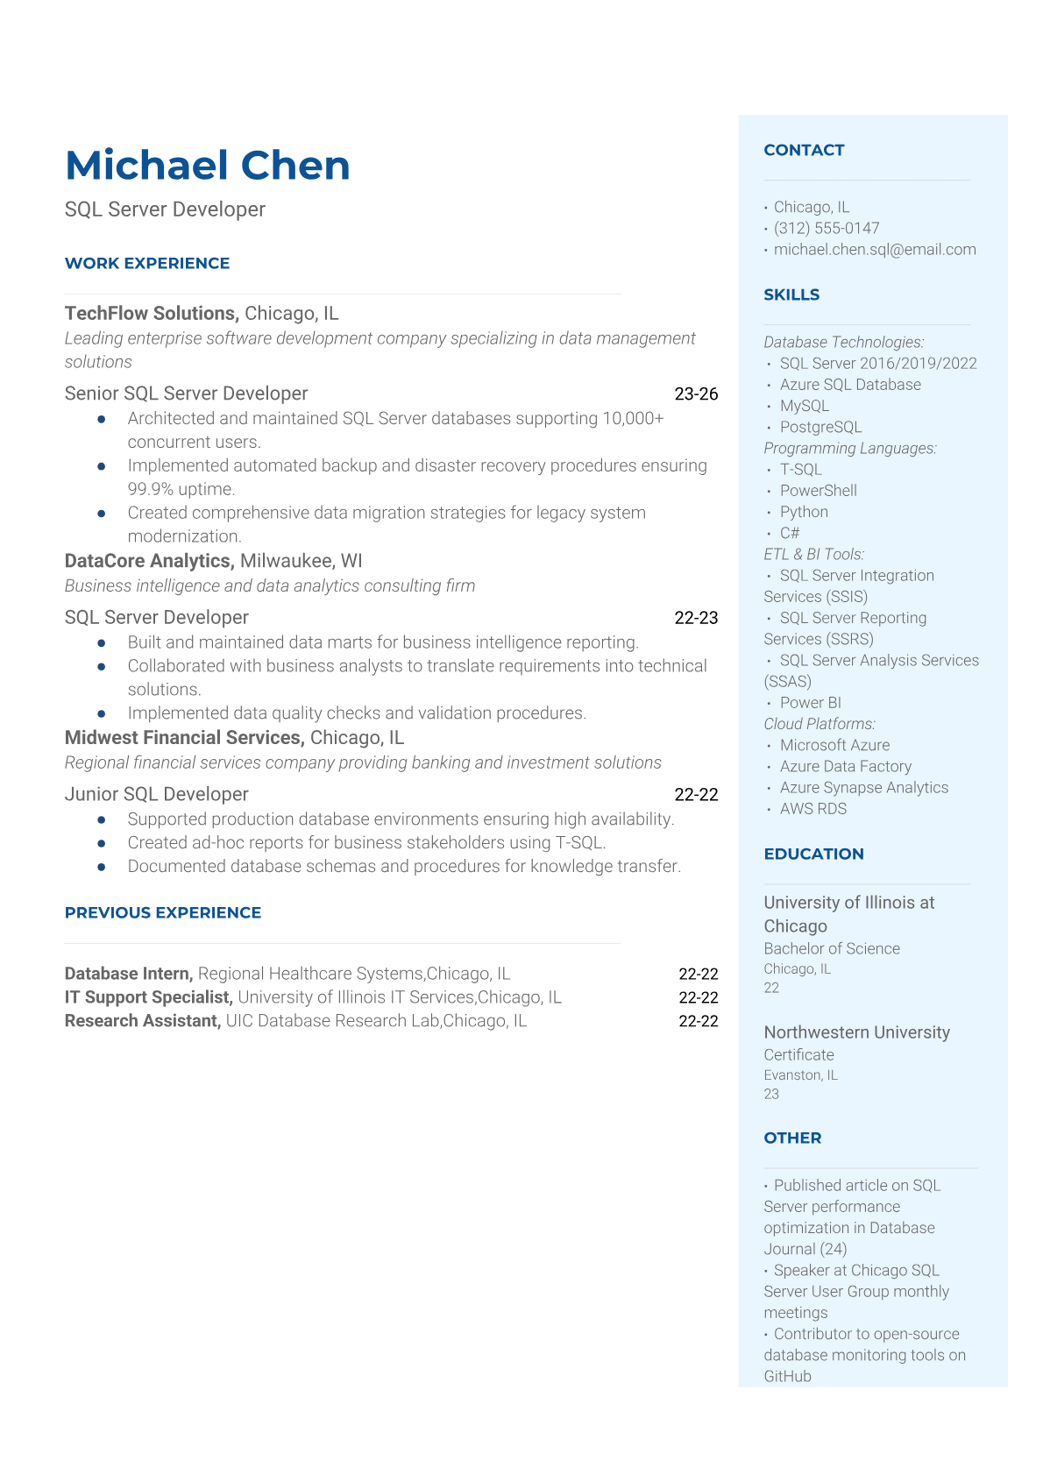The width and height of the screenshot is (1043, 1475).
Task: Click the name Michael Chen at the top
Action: [207, 166]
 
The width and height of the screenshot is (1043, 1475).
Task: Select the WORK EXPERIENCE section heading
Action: [147, 264]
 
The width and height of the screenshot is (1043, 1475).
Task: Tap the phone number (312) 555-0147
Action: [826, 229]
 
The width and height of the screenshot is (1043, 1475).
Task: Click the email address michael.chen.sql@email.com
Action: [874, 250]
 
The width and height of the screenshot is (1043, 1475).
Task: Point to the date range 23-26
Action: [696, 394]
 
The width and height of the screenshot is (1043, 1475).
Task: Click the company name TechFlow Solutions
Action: [151, 314]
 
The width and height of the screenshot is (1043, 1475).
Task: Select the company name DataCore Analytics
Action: [148, 561]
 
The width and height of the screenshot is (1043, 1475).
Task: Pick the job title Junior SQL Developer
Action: [156, 794]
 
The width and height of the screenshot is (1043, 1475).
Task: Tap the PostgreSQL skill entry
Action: [820, 428]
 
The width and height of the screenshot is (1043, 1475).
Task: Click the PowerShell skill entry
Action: [818, 491]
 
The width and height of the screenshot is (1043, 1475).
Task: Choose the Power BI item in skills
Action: [810, 703]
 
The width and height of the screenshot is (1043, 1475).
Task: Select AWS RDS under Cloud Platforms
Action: [812, 809]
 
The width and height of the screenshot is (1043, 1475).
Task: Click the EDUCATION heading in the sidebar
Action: [813, 855]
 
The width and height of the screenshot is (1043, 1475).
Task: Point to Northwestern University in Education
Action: [856, 1032]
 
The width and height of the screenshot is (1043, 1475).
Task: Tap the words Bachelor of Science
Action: [831, 949]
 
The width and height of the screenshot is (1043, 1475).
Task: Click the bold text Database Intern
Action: [128, 974]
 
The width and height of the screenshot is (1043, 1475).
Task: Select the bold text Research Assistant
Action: [142, 1021]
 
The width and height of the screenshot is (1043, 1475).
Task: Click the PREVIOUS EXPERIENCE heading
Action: [163, 913]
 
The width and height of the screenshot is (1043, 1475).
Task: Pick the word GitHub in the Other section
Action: [787, 1377]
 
